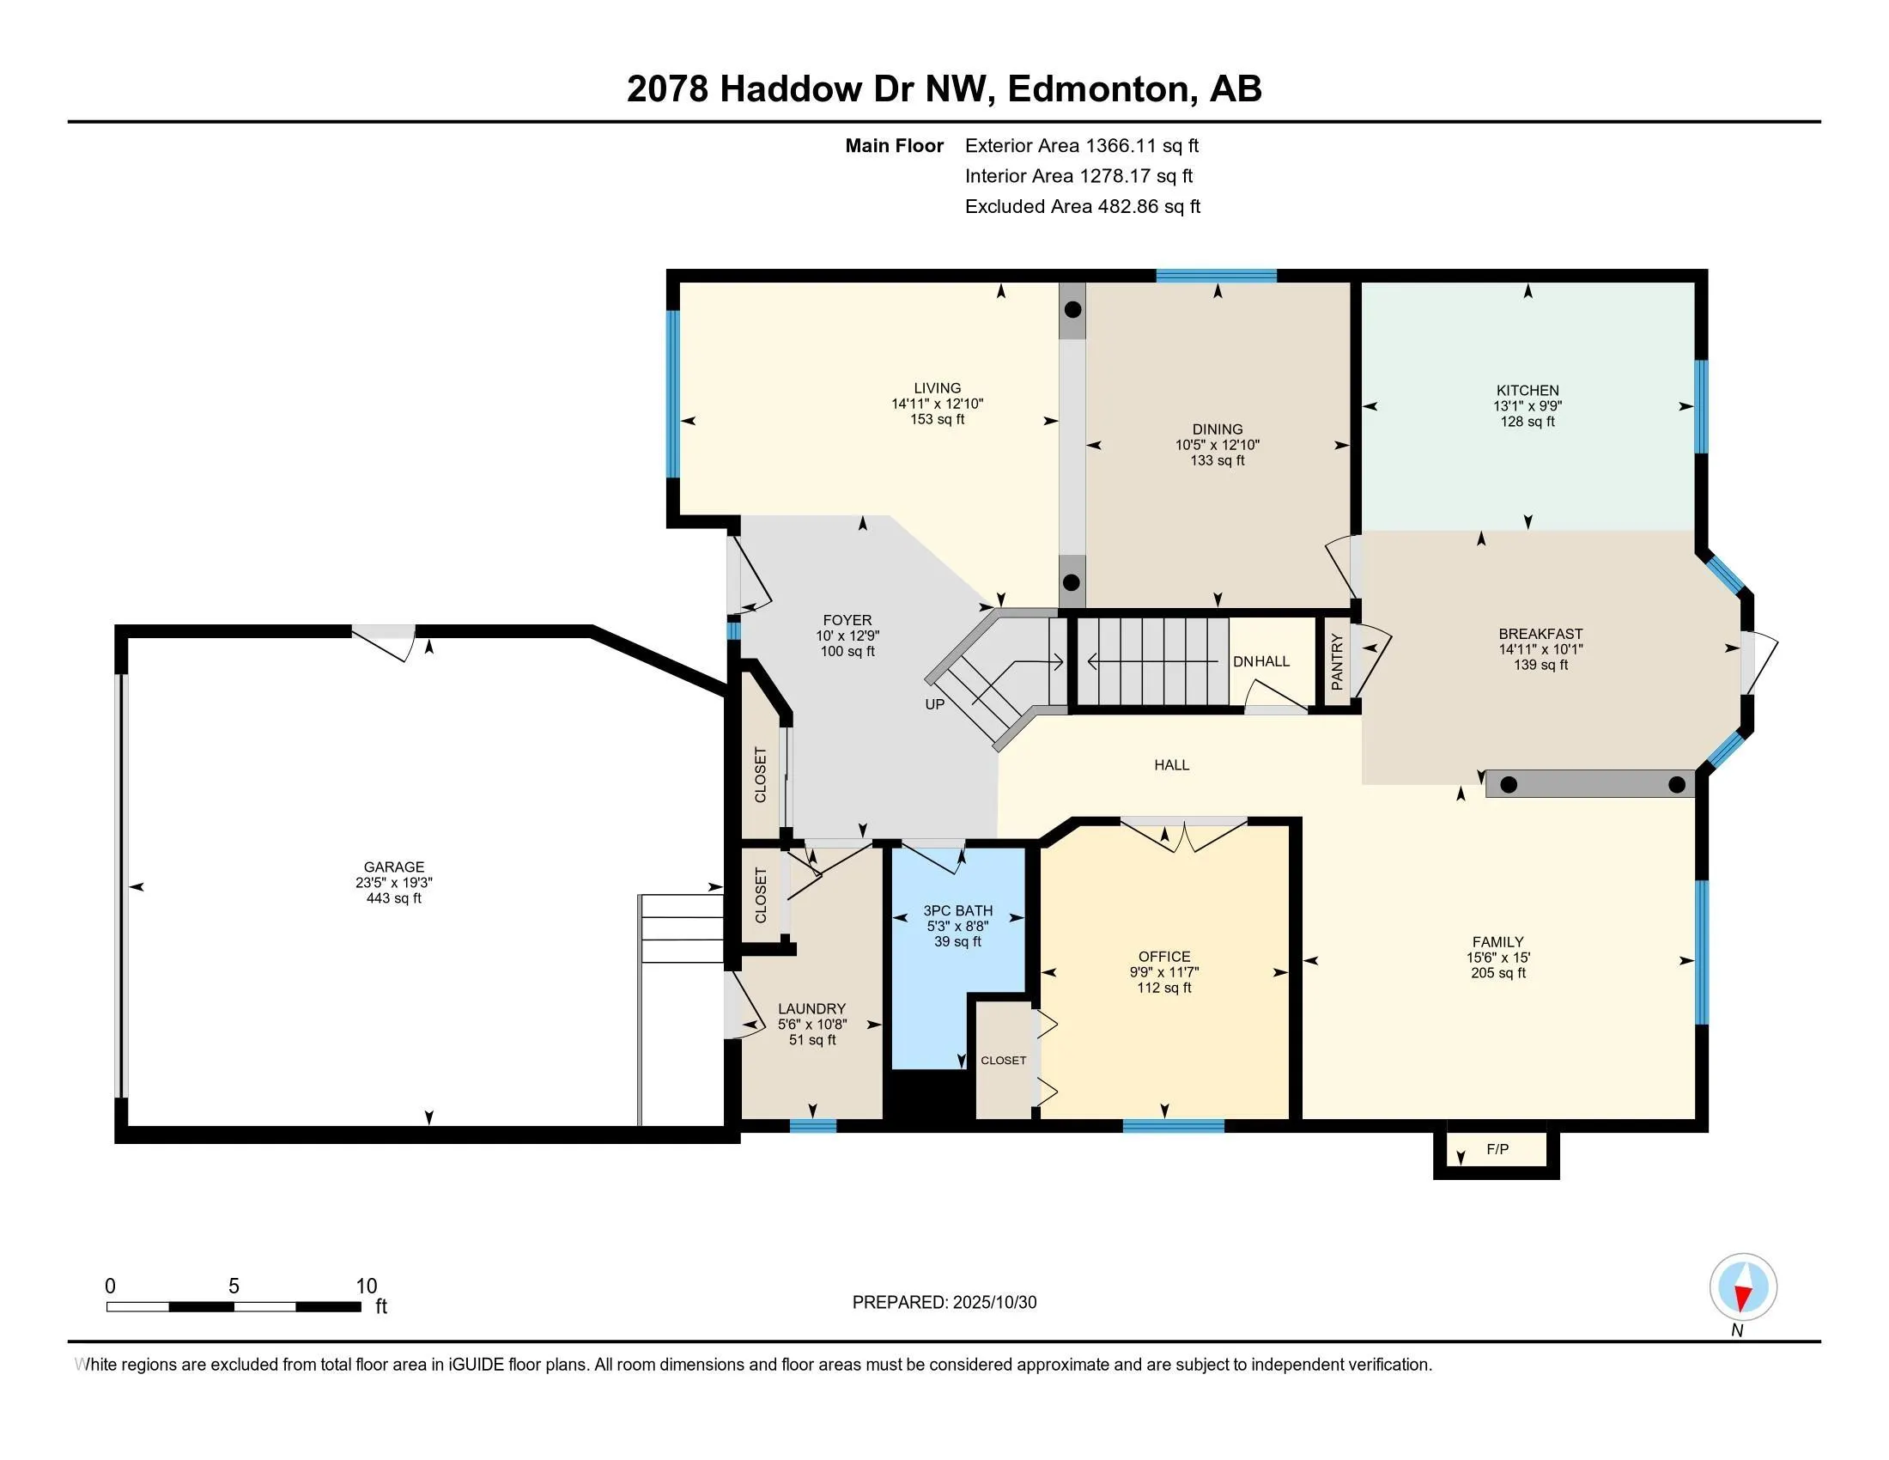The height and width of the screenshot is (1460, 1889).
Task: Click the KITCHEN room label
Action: click(x=1528, y=390)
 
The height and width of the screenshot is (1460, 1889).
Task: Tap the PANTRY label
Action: click(x=1337, y=661)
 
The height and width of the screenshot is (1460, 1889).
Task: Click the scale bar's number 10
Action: click(x=367, y=1287)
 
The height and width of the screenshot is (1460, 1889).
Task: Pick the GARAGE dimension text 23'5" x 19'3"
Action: click(x=393, y=883)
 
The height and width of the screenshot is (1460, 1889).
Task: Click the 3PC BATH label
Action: click(x=957, y=910)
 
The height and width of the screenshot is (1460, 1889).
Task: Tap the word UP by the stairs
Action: click(x=935, y=704)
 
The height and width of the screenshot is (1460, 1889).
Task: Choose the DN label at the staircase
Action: click(x=1243, y=661)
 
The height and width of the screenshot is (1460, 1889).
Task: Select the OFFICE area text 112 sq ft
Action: click(x=1164, y=988)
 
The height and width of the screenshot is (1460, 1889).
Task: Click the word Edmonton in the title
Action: click(x=1098, y=89)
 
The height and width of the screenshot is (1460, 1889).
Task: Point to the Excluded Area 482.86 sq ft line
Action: click(x=1083, y=207)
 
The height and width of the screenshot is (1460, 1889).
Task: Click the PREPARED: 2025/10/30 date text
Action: click(x=944, y=1303)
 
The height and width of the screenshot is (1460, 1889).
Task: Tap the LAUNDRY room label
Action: click(x=811, y=1008)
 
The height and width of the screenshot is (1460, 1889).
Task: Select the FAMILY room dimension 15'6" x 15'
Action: click(x=1498, y=958)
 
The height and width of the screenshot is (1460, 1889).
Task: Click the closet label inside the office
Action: click(x=1003, y=1061)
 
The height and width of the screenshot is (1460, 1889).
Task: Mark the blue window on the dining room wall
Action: click(x=1217, y=276)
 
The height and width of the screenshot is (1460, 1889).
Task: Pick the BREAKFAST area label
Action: click(x=1540, y=634)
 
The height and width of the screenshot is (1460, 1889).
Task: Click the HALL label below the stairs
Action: click(x=1171, y=764)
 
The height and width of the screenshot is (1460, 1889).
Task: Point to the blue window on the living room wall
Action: click(x=672, y=393)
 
